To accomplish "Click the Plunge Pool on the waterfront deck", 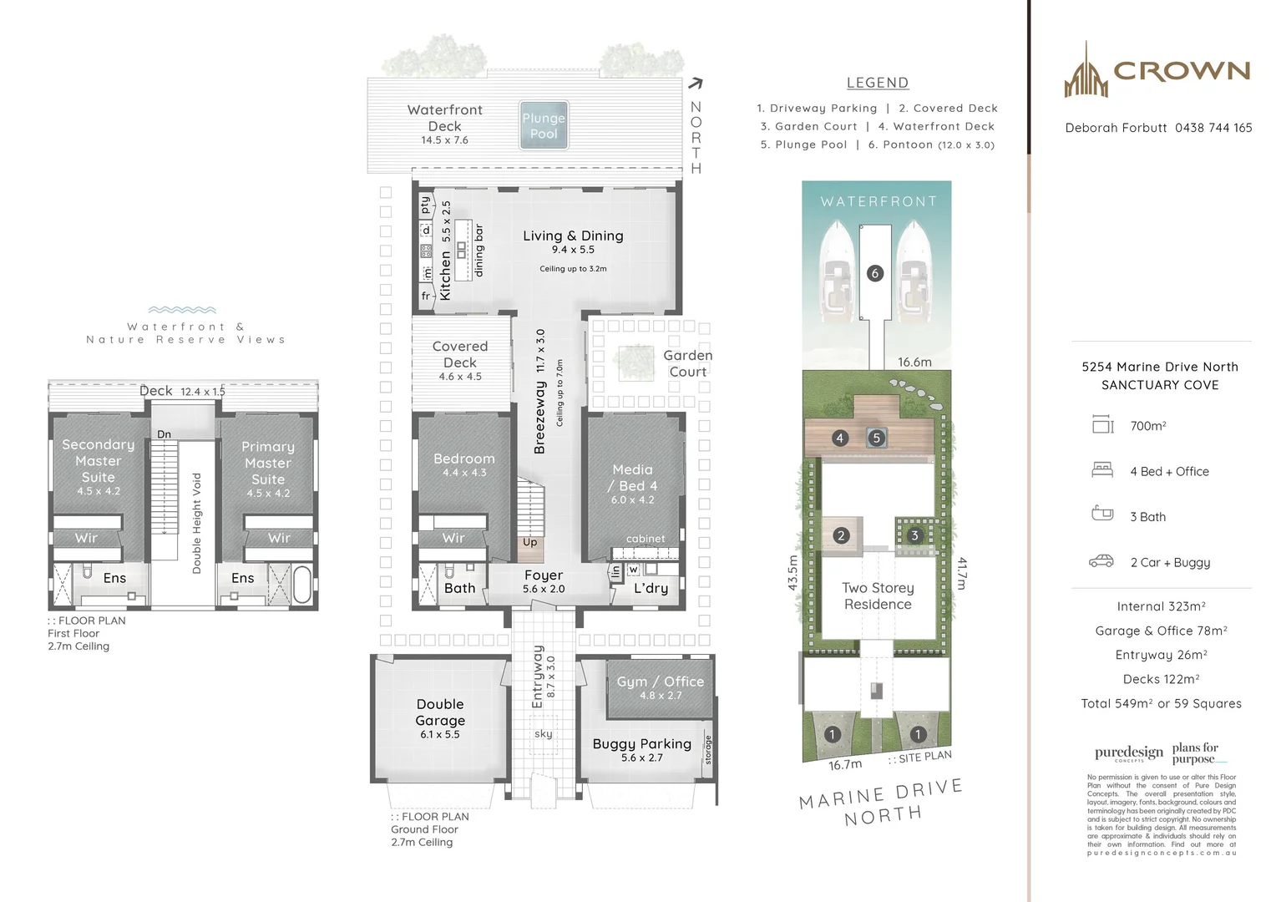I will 544,126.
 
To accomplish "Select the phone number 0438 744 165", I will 1213,128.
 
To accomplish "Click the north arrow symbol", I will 696,84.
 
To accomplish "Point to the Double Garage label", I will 440,712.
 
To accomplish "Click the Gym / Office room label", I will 660,682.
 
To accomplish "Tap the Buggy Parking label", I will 641,744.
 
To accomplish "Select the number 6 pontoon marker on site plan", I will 875,273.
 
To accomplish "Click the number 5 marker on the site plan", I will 876,438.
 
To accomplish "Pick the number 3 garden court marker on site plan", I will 914,535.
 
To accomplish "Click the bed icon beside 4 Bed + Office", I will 1102,470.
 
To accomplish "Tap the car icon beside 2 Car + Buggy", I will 1101,561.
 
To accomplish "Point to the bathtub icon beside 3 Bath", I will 1102,514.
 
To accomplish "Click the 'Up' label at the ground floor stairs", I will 529,542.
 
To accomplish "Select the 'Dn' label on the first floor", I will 165,434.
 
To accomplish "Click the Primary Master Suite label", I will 268,463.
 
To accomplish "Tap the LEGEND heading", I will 877,83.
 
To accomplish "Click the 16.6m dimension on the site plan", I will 914,362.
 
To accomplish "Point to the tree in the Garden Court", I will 635,362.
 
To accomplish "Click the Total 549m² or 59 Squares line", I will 1161,703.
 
